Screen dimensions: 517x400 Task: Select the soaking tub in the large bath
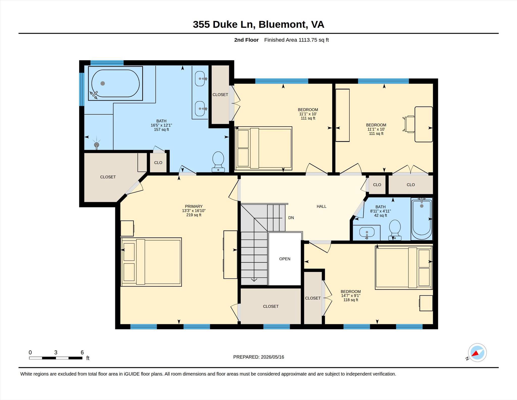(x=115, y=83)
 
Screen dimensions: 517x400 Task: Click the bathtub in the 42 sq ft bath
(x=422, y=219)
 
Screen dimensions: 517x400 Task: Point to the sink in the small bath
(x=367, y=232)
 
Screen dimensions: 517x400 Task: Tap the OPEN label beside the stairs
(x=285, y=259)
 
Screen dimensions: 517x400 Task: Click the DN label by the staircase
(x=291, y=218)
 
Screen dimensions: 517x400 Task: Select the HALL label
(x=321, y=206)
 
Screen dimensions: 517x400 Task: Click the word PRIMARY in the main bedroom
(x=194, y=206)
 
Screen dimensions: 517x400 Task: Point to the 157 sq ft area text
(x=161, y=130)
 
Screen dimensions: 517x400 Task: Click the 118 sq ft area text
(x=351, y=300)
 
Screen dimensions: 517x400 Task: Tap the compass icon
(x=477, y=353)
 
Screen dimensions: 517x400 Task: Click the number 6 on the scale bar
(x=82, y=352)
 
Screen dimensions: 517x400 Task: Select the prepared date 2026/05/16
(x=272, y=357)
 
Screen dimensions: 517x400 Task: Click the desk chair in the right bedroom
(x=409, y=124)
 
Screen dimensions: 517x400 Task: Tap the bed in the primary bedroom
(x=151, y=262)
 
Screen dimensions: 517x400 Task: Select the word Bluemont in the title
(x=282, y=25)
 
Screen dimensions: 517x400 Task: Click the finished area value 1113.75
(x=307, y=40)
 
